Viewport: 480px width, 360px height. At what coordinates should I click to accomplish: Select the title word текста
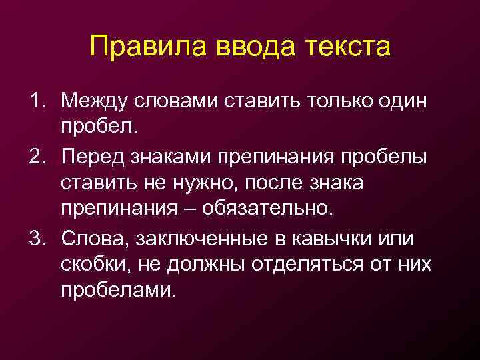click(347, 48)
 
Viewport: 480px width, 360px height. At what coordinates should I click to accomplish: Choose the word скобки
click(97, 264)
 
